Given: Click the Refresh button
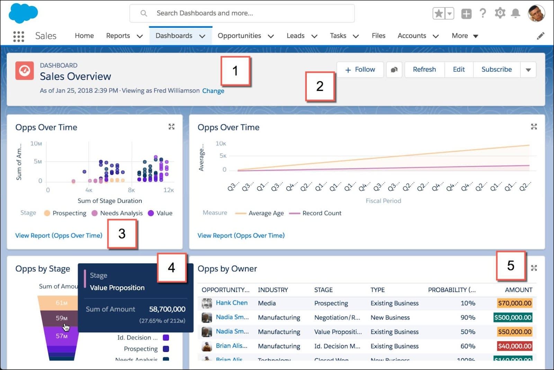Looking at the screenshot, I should [424, 69].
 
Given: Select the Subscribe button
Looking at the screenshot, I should [496, 69].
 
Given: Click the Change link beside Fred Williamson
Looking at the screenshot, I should [213, 91].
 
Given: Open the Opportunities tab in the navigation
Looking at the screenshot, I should [239, 36].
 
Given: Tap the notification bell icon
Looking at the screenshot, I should [516, 14].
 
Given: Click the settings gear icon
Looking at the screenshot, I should [500, 14].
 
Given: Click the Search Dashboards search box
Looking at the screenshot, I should [242, 13].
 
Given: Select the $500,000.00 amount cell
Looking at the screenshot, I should [513, 317].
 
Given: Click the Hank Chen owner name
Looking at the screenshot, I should [232, 303].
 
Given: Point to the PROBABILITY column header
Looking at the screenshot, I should [452, 290].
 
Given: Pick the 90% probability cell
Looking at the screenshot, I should [468, 317].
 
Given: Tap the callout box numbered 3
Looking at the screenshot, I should [122, 234].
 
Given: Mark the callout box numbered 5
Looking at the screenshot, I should [511, 266].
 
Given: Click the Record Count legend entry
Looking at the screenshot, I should [322, 213].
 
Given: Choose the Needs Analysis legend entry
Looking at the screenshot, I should [121, 213].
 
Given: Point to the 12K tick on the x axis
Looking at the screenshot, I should [169, 190].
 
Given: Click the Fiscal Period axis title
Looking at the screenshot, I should [383, 201].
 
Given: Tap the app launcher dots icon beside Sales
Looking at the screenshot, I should [19, 36].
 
